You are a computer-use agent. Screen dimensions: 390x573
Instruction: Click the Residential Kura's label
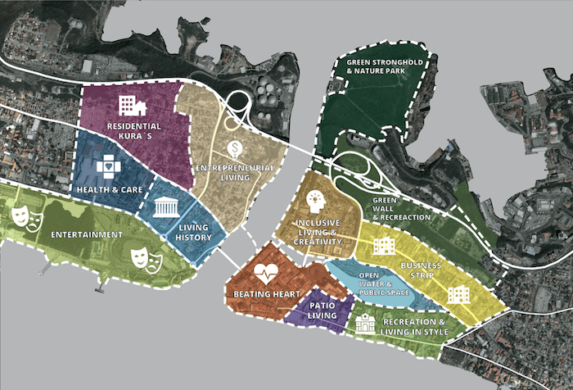(134, 131)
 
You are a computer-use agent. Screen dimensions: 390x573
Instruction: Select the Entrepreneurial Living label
(234, 173)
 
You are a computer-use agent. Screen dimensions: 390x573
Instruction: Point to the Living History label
(194, 233)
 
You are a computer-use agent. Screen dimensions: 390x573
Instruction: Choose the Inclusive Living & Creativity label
(318, 231)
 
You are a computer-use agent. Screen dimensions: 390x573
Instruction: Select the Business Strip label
(421, 271)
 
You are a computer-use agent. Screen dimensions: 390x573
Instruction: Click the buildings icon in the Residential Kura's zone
(131, 105)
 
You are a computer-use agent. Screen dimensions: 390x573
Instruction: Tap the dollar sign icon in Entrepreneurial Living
(234, 148)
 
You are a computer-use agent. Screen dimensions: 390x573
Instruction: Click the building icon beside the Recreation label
(365, 324)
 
